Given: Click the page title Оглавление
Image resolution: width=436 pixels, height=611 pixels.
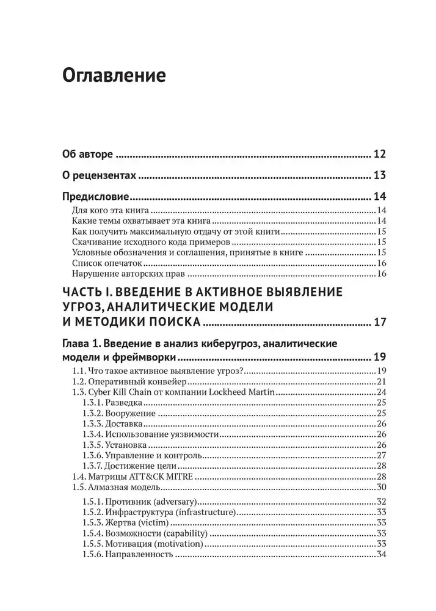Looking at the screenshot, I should [114, 76].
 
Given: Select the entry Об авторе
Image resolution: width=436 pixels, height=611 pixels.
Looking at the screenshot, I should [88, 154].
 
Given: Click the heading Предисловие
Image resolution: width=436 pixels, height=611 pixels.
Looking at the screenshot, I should [95, 197].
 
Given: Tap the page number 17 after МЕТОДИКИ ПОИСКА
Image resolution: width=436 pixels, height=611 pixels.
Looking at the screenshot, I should [379, 322].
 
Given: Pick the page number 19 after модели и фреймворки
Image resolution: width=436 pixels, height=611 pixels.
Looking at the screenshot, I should [379, 358].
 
